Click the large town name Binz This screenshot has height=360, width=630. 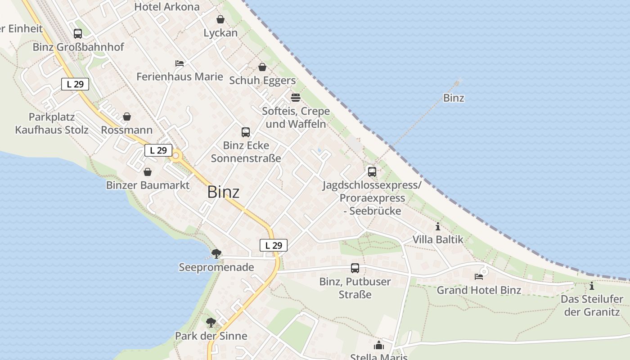click(x=223, y=192)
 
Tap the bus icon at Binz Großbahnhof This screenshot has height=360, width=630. click(x=78, y=33)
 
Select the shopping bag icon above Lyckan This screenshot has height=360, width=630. click(x=220, y=19)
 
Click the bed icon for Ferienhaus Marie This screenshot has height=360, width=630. click(x=180, y=63)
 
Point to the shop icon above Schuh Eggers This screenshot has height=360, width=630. click(x=262, y=67)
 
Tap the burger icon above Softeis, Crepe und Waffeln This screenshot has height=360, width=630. click(x=296, y=97)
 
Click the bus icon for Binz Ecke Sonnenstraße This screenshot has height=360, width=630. click(x=246, y=132)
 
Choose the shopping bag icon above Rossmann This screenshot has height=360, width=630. click(x=127, y=117)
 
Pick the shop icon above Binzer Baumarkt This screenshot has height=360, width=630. click(x=148, y=172)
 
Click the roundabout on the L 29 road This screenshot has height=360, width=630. click(x=176, y=156)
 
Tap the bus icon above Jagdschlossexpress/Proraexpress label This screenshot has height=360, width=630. click(x=372, y=171)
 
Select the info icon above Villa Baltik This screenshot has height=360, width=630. click(x=438, y=226)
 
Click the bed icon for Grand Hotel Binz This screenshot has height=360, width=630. click(x=479, y=276)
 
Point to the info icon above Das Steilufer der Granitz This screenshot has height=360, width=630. click(x=592, y=286)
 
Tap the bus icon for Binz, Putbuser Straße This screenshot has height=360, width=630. click(x=355, y=268)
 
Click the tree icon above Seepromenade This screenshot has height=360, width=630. click(x=216, y=253)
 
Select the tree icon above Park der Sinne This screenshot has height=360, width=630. click(x=211, y=322)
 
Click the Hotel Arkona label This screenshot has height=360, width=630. click(x=167, y=7)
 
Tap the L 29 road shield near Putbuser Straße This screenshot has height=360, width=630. click(x=274, y=245)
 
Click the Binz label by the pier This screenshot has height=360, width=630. click(x=454, y=98)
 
